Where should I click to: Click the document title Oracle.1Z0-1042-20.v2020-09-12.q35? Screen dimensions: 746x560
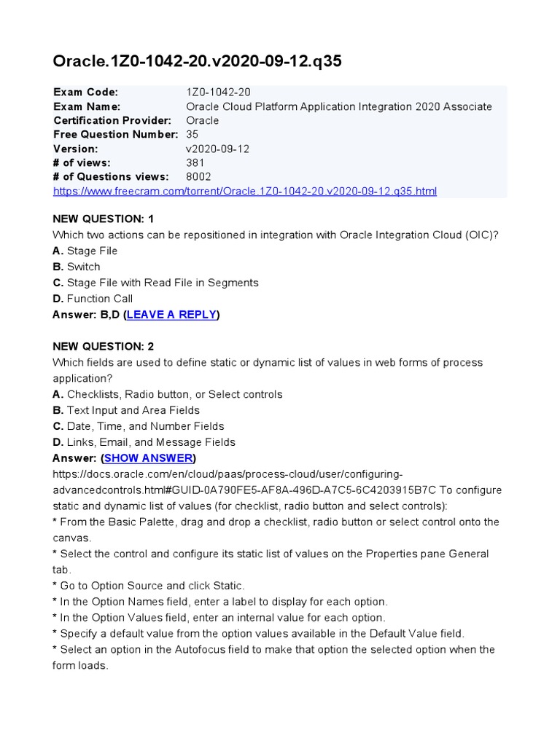click(x=197, y=62)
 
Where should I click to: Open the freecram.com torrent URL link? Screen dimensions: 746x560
click(x=245, y=192)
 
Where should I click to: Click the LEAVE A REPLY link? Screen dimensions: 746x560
click(x=172, y=315)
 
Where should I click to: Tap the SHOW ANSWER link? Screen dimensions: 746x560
click(x=149, y=458)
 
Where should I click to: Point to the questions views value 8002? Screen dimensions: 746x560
click(x=199, y=177)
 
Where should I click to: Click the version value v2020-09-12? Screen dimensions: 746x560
click(x=218, y=149)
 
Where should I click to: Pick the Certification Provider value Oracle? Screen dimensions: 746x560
click(x=202, y=120)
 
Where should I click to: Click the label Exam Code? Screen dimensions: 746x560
click(x=85, y=93)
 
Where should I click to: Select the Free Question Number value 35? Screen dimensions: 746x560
click(x=192, y=135)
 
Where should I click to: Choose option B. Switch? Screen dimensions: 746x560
click(x=77, y=267)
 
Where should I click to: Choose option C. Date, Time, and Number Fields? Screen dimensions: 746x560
click(x=139, y=426)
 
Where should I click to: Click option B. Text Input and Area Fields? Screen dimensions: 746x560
click(x=126, y=410)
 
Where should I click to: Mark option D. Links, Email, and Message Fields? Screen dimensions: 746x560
click(x=144, y=442)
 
